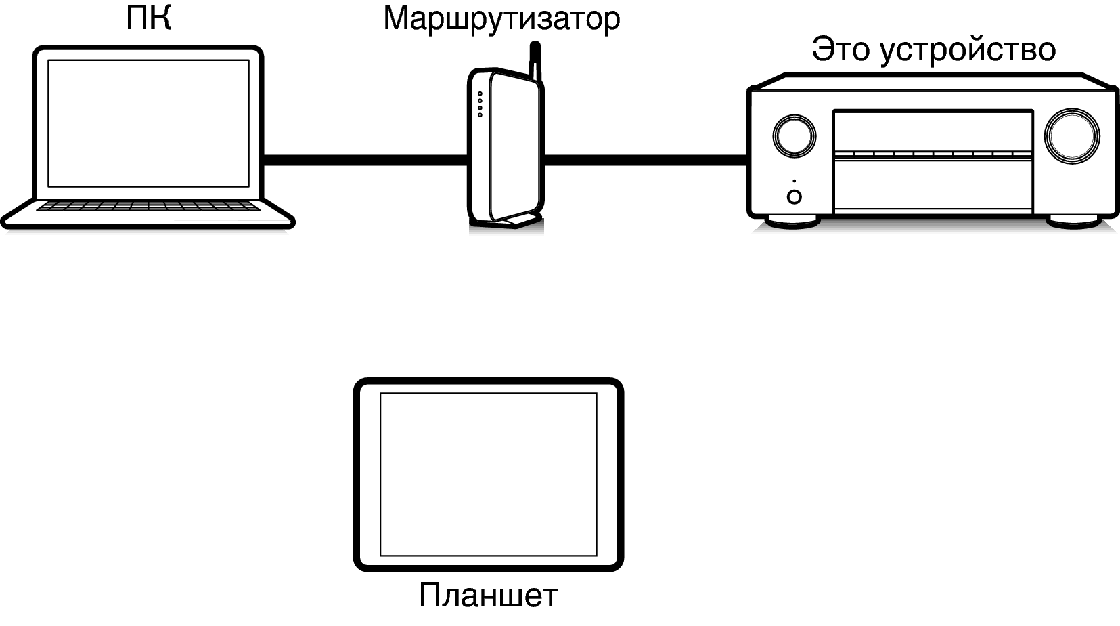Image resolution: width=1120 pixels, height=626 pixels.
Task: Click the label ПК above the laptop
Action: [x=148, y=18]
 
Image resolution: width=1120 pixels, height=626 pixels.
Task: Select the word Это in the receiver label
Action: [x=841, y=49]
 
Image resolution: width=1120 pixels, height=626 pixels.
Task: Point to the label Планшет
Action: [x=489, y=595]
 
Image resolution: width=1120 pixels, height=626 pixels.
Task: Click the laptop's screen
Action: [x=148, y=123]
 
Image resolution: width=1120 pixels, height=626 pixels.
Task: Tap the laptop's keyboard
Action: [x=148, y=206]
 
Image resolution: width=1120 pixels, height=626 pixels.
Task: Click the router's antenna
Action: [x=535, y=62]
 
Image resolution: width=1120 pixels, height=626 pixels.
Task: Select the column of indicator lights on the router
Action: [x=480, y=104]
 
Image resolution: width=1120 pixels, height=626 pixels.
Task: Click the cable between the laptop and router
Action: [x=365, y=160]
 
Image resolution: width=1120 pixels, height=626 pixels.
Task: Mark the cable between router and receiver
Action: [x=646, y=160]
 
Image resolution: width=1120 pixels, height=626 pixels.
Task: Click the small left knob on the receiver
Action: [x=794, y=136]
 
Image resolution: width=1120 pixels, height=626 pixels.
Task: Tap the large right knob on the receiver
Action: [x=1072, y=136]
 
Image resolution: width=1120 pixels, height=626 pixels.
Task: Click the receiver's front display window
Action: [x=933, y=131]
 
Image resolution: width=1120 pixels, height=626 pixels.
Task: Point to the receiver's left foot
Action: [x=792, y=222]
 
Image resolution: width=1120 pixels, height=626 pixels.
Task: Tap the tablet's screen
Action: [x=489, y=474]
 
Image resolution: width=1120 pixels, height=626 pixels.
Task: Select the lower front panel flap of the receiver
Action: [x=933, y=186]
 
